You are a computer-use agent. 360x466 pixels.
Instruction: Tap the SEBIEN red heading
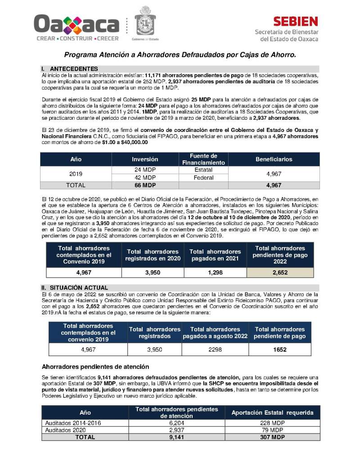(295, 21)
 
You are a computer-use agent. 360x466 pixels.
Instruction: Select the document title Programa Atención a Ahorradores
(180, 55)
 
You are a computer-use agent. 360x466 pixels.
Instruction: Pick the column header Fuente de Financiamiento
(203, 159)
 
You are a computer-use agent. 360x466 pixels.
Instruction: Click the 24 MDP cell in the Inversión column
(145, 170)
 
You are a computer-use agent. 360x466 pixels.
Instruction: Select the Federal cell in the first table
(203, 178)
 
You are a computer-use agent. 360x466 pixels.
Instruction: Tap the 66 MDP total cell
(145, 185)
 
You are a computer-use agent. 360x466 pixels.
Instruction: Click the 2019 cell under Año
(76, 174)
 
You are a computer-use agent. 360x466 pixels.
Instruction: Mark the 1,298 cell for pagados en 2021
(215, 272)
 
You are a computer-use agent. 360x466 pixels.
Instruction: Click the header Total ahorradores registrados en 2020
(153, 255)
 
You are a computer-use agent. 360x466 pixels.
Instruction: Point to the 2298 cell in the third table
(215, 349)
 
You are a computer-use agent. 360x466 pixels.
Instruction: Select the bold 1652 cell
(279, 349)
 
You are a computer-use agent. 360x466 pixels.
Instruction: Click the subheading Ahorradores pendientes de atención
(95, 366)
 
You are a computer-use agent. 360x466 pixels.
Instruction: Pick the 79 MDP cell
(272, 430)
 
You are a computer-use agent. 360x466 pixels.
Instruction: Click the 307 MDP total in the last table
(272, 437)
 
